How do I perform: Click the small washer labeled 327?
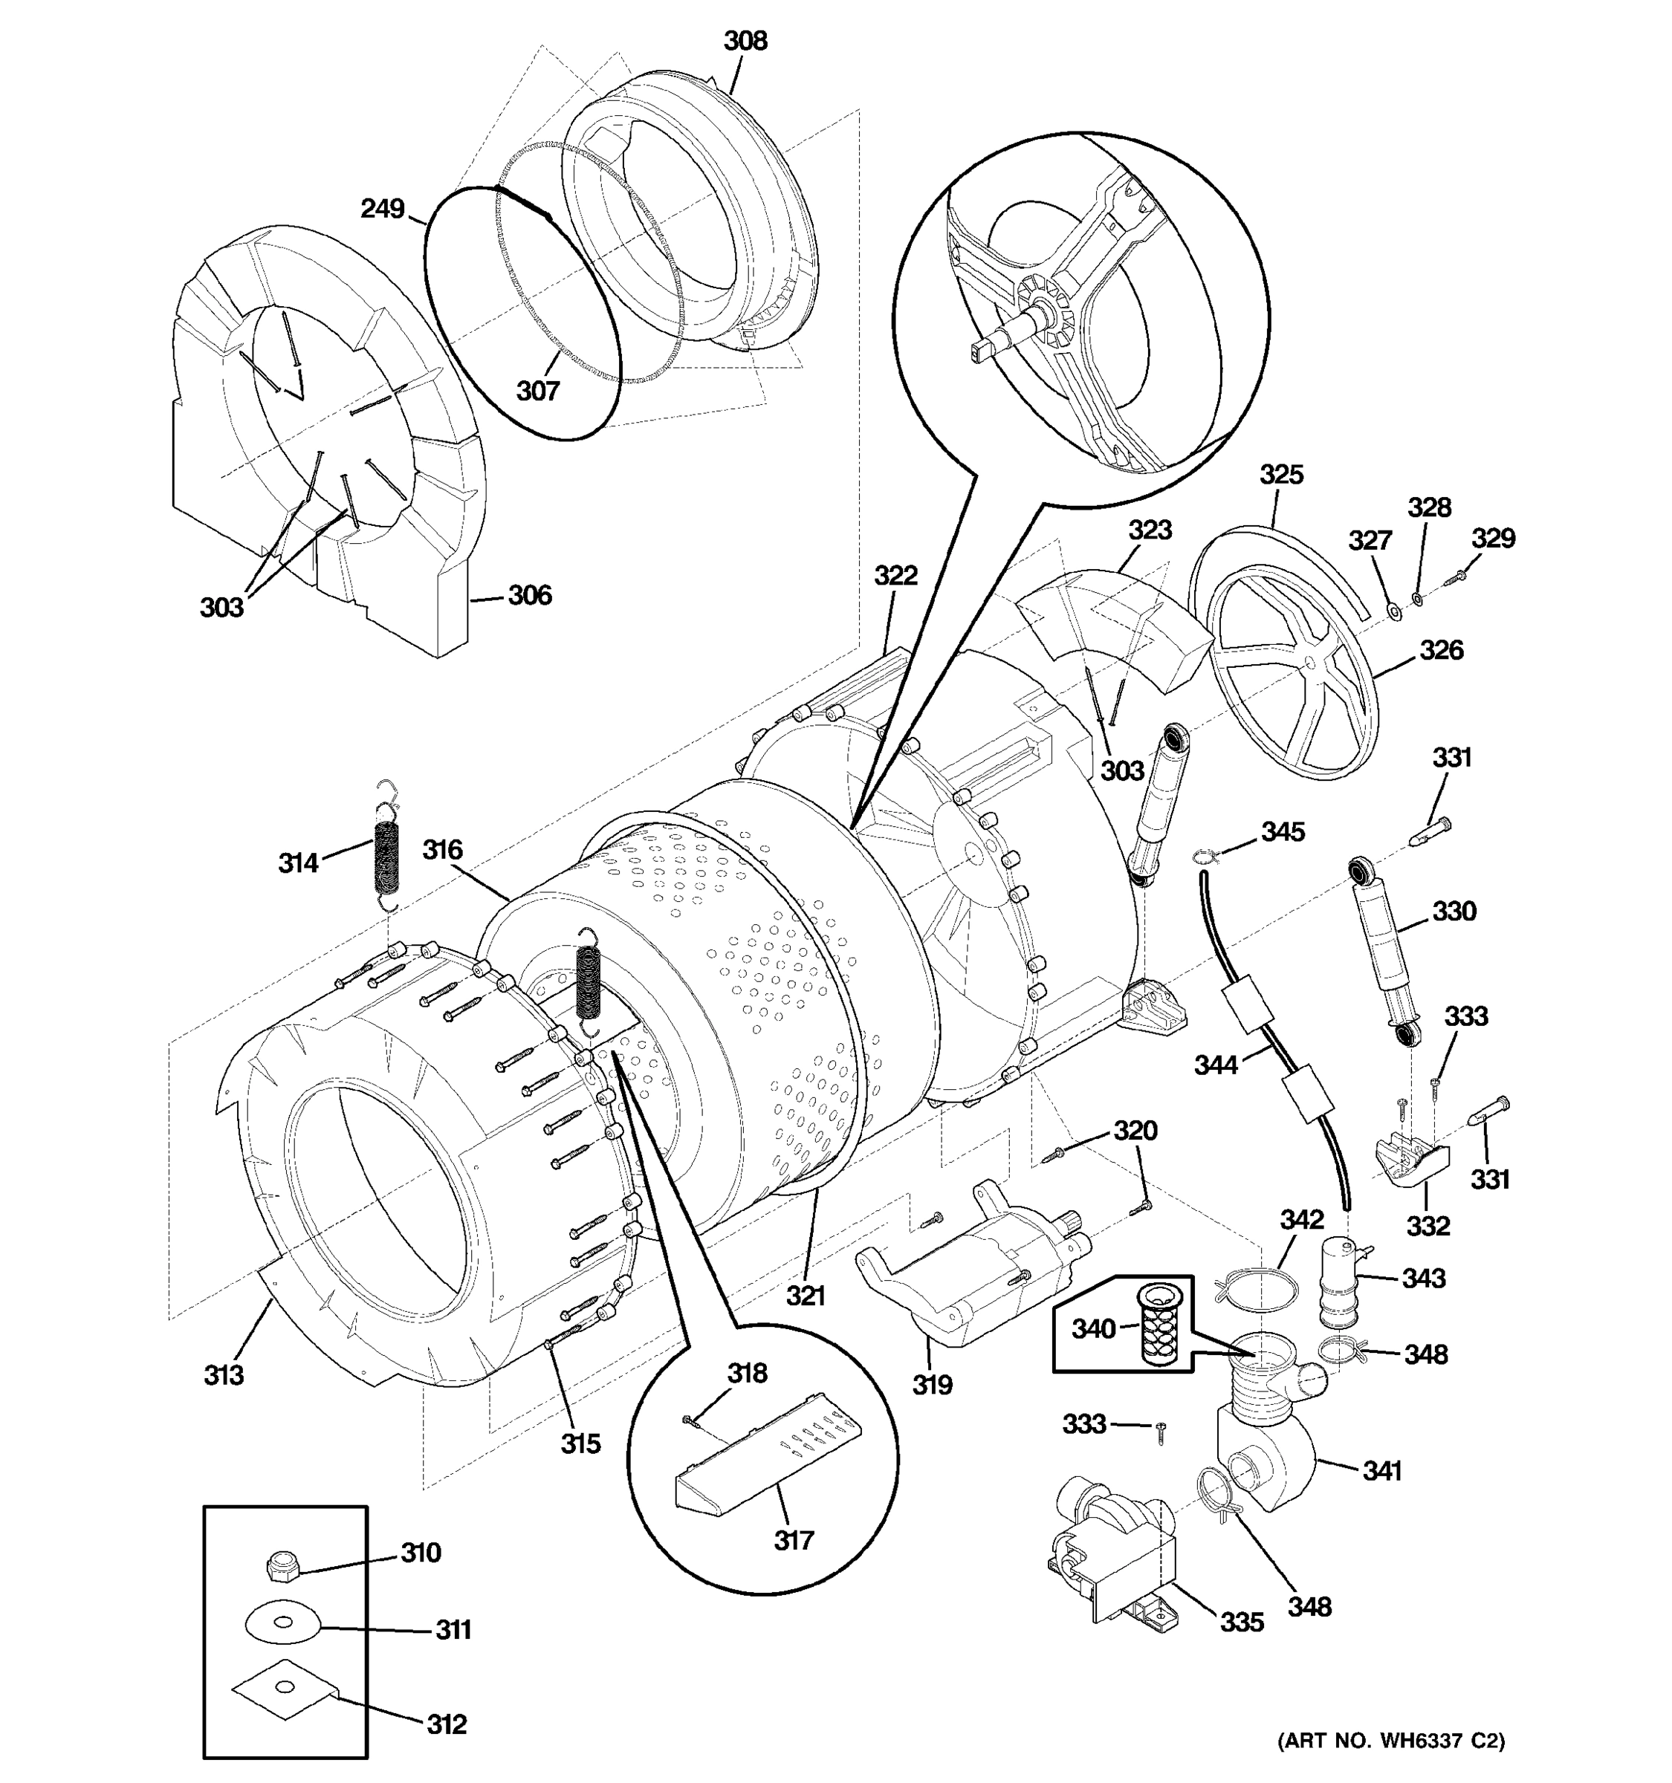pos(1395,611)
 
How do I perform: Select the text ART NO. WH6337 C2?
pos(1390,1740)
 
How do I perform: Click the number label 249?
pos(383,209)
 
